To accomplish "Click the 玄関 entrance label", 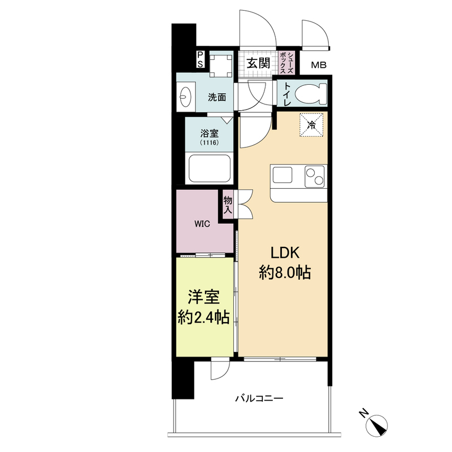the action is [258, 63].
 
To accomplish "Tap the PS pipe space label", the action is [200, 59].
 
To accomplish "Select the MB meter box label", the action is [319, 65].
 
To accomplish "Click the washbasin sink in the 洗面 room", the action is [184, 96].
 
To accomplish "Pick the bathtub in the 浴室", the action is [210, 168].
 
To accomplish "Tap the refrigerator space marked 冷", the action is [311, 124].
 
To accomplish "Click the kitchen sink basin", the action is [282, 175].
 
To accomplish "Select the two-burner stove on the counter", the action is [315, 176].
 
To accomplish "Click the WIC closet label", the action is [202, 224].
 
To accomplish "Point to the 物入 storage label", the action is [228, 205].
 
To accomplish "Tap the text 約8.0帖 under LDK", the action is [285, 272].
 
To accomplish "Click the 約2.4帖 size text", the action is [204, 318].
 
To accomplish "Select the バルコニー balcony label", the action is [259, 398].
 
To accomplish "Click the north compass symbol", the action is [376, 426].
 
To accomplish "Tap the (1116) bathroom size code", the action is [210, 142].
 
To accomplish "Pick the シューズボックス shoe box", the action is [286, 63].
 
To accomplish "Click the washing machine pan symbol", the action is [221, 66].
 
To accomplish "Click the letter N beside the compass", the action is [364, 414].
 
